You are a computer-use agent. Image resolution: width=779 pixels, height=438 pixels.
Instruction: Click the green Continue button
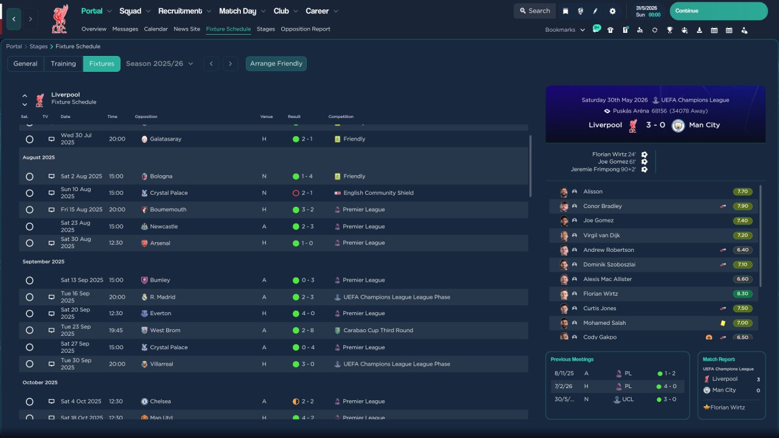[x=719, y=11]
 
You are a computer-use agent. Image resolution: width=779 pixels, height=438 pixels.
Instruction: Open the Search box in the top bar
[x=535, y=11]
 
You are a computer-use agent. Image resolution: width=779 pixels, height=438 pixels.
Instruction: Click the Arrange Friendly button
[x=276, y=64]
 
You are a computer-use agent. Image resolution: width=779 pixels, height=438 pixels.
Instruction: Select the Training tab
[x=63, y=64]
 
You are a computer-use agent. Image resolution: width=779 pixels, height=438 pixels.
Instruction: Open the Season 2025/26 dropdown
[x=159, y=64]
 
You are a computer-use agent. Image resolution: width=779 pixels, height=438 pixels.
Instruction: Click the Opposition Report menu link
[x=306, y=29]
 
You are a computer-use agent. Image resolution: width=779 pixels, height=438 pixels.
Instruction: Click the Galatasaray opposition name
[x=166, y=139]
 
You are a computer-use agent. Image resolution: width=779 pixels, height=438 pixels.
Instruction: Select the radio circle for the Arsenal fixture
[x=30, y=243]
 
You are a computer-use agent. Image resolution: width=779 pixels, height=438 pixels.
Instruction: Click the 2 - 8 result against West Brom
[x=307, y=330]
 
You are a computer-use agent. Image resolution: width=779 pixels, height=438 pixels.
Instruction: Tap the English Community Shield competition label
[x=379, y=193]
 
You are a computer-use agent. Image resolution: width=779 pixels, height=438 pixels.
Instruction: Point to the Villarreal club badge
[x=144, y=364]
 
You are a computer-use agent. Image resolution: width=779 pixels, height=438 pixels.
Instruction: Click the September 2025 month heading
[x=43, y=262]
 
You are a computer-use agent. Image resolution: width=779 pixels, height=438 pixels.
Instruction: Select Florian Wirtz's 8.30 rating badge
[x=742, y=294]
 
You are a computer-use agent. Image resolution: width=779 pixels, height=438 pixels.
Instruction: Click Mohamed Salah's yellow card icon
[x=723, y=323]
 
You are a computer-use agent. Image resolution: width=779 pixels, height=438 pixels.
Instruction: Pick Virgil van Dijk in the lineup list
[x=601, y=235]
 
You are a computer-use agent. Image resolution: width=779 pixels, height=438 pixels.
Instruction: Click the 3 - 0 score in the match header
[x=655, y=125]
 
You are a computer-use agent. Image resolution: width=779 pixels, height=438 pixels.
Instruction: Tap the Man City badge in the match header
[x=678, y=125]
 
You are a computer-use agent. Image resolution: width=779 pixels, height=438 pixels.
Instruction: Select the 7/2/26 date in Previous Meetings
[x=564, y=386]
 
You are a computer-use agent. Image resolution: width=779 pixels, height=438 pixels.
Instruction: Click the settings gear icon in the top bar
[x=612, y=11]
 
